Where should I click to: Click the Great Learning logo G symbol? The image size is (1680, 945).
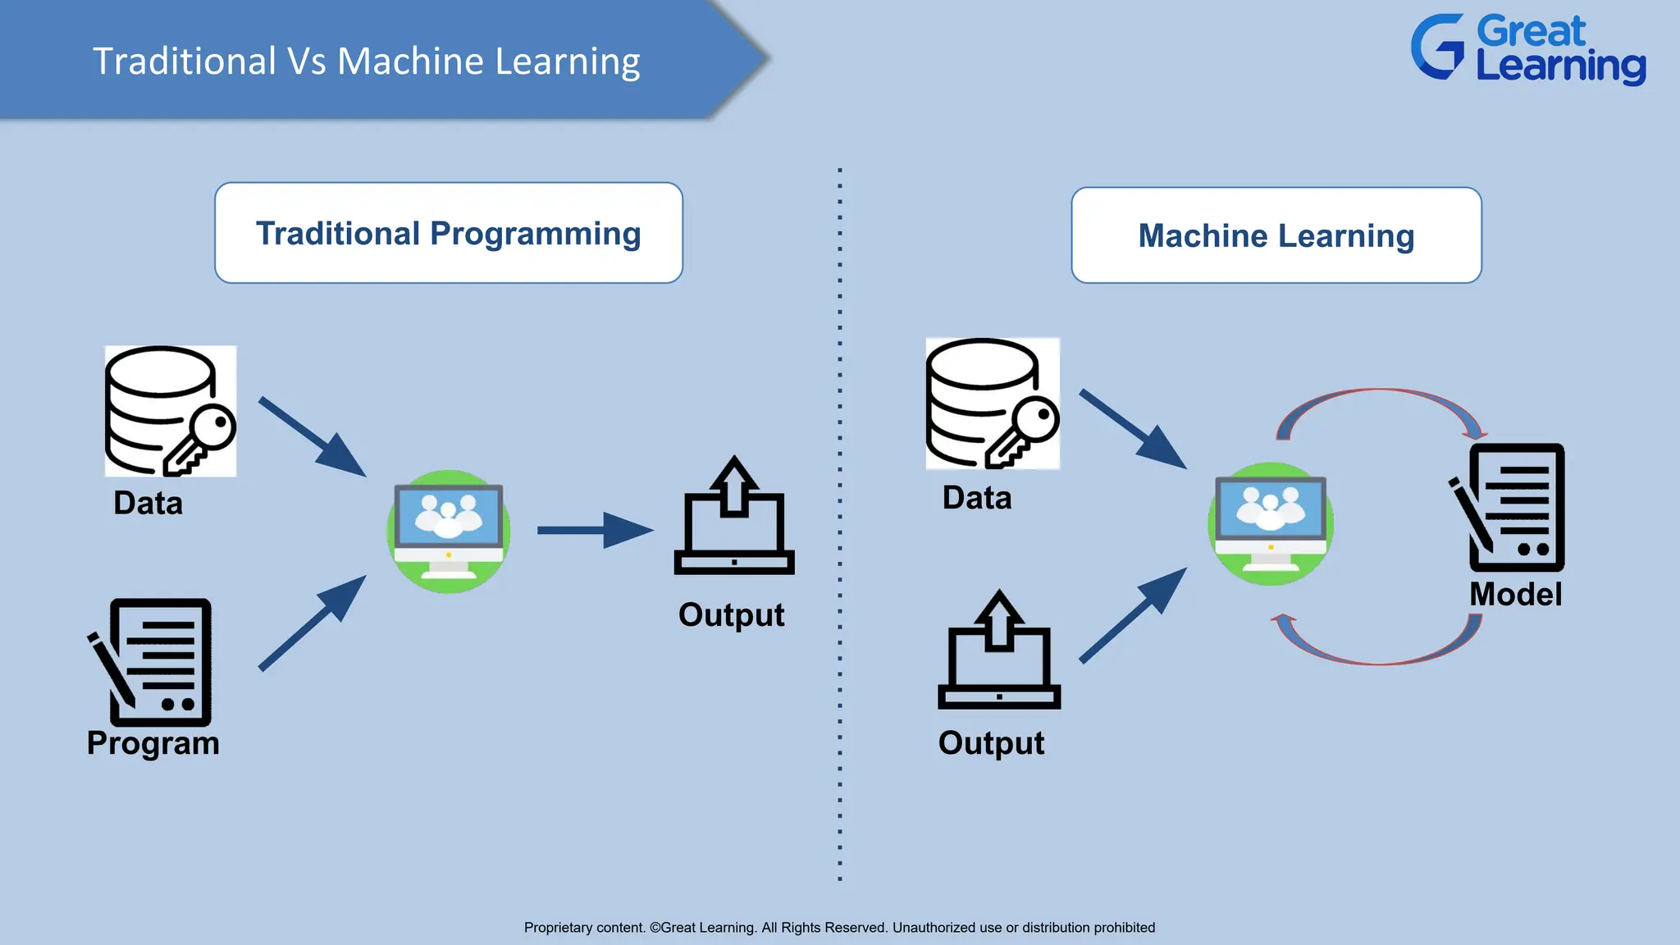(1437, 47)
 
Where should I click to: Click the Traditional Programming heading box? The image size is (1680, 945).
(449, 233)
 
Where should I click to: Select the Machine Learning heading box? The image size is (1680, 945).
(1276, 235)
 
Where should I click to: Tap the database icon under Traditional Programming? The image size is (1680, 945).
(170, 411)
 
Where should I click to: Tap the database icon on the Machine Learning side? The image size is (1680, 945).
(992, 404)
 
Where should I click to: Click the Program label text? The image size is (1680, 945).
(153, 743)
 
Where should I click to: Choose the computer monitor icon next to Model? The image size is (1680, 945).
(1270, 523)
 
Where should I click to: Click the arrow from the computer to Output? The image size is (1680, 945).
(595, 530)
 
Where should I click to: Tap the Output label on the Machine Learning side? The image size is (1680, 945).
(991, 743)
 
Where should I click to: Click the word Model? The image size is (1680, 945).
(1515, 594)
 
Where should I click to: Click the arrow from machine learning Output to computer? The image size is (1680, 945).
(1132, 615)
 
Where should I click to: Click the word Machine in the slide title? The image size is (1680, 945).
(410, 62)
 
